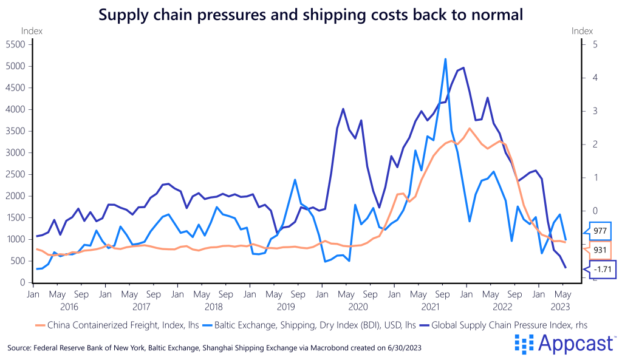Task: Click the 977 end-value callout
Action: tap(600, 231)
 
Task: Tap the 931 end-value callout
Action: tap(600, 250)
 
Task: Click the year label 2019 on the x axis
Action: tap(285, 307)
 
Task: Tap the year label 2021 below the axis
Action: tap(430, 307)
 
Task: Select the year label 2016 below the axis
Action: tap(69, 307)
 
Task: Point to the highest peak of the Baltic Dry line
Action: tap(445, 59)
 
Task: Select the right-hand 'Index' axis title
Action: tap(582, 30)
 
